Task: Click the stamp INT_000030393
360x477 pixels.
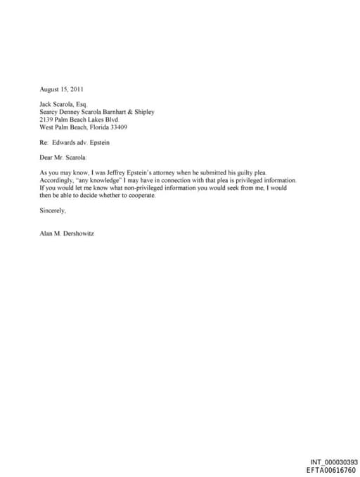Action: tap(333, 462)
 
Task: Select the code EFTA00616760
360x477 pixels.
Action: tap(331, 469)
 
